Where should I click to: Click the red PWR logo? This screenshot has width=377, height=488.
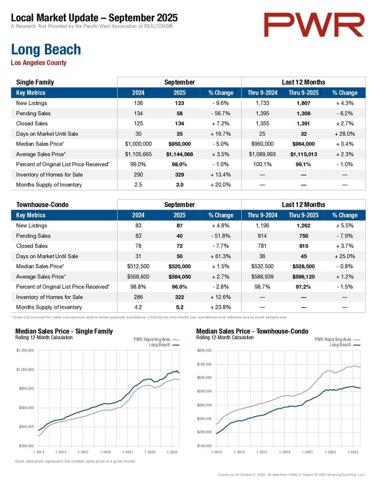(314, 25)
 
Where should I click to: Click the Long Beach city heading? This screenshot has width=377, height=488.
(46, 50)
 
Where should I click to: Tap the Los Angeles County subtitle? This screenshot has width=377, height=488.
(38, 63)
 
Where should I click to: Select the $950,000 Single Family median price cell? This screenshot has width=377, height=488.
(180, 144)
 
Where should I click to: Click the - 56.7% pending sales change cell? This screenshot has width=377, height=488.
(221, 113)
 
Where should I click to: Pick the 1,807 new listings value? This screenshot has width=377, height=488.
(304, 103)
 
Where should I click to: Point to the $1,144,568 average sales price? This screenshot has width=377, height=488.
(180, 154)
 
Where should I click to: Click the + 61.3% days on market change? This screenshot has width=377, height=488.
(221, 256)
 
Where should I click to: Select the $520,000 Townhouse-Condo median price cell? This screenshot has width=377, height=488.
(180, 266)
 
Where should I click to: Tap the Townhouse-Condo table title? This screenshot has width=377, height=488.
(42, 205)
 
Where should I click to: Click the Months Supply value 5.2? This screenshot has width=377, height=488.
(180, 307)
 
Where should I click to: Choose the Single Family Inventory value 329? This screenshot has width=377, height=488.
(180, 174)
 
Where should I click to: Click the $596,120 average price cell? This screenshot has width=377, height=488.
(304, 276)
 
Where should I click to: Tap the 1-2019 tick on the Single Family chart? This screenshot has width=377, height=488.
(105, 451)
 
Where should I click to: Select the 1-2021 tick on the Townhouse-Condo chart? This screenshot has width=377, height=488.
(307, 451)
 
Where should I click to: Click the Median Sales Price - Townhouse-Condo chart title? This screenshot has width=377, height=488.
(252, 331)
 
